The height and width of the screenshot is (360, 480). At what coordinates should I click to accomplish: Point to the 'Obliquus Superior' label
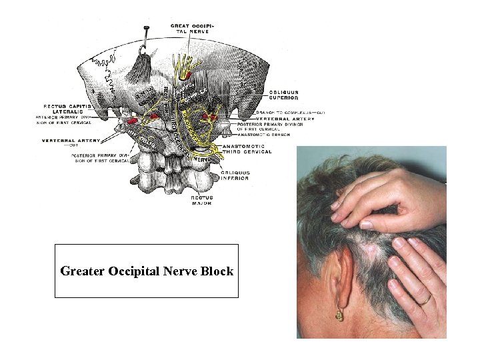click(284, 94)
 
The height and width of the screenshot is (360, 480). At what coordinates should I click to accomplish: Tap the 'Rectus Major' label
click(201, 200)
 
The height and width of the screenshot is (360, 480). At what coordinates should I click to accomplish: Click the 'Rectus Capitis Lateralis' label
click(67, 109)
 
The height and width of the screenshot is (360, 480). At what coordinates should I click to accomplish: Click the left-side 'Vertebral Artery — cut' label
click(71, 142)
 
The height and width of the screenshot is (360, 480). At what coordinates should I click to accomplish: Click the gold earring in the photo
click(340, 314)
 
